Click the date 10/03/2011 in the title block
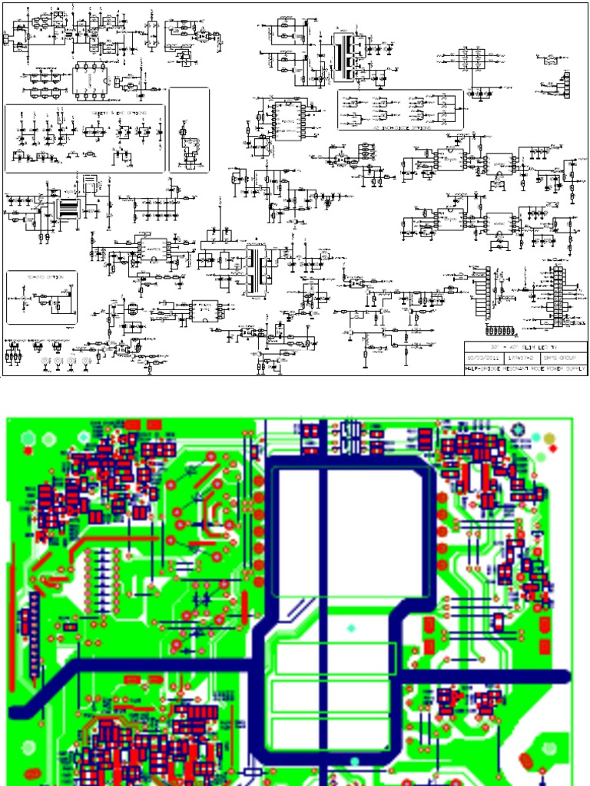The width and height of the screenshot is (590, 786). (479, 358)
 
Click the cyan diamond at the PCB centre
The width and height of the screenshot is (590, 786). (352, 628)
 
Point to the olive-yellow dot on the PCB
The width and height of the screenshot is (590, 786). (550, 439)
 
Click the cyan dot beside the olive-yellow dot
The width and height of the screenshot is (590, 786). (535, 439)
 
